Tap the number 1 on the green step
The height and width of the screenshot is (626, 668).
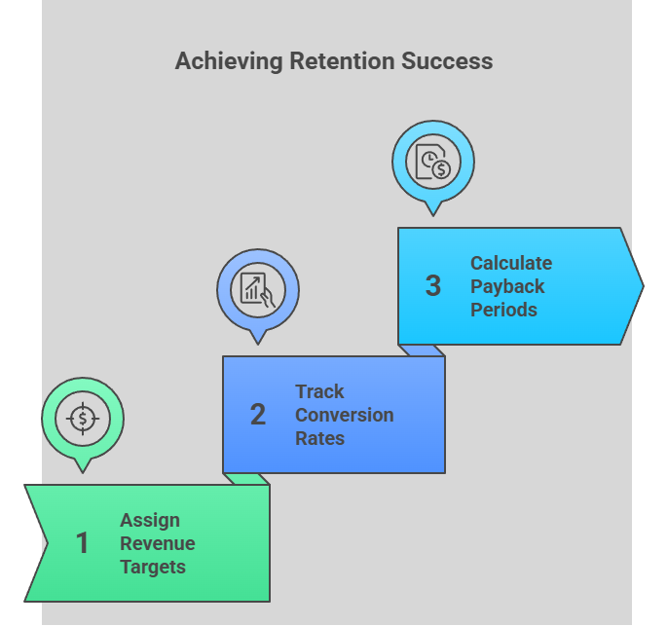[83, 543]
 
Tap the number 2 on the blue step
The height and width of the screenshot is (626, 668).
[257, 415]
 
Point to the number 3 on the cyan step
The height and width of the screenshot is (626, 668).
[433, 286]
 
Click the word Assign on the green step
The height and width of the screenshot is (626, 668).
[150, 520]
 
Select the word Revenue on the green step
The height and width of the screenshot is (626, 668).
[158, 543]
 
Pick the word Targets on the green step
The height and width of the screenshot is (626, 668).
[153, 567]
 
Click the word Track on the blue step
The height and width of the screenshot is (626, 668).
[320, 391]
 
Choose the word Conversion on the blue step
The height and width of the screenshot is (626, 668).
[345, 415]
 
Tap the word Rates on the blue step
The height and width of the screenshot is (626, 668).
[320, 438]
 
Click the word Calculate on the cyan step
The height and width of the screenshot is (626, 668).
[511, 263]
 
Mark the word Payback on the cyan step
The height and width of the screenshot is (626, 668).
[507, 286]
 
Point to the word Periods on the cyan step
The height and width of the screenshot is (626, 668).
[504, 310]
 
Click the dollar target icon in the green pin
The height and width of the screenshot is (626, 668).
[83, 420]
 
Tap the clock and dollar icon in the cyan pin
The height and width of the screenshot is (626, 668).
[432, 162]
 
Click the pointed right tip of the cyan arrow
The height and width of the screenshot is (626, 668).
[641, 286]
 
